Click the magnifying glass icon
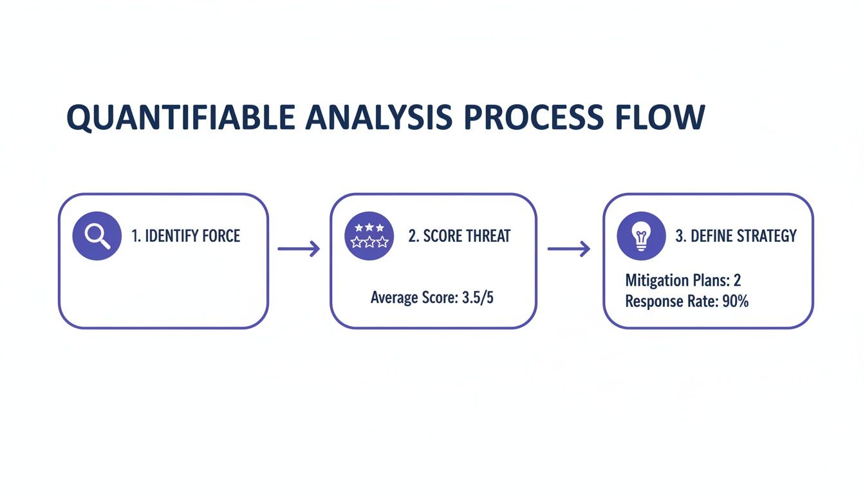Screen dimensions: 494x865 tap(97, 236)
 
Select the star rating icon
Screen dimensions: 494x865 tap(369, 236)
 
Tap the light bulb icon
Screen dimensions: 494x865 tap(641, 236)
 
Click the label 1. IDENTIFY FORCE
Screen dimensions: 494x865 tap(185, 236)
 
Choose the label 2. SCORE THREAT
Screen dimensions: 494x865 tap(459, 236)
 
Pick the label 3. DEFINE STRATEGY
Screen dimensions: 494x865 tap(736, 236)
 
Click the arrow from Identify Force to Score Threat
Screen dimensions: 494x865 tap(299, 249)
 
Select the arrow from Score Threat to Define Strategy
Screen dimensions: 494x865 tap(568, 249)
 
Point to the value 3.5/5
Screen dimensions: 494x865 tap(478, 298)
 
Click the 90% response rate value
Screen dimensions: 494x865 tap(734, 301)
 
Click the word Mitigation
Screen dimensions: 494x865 tap(656, 280)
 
